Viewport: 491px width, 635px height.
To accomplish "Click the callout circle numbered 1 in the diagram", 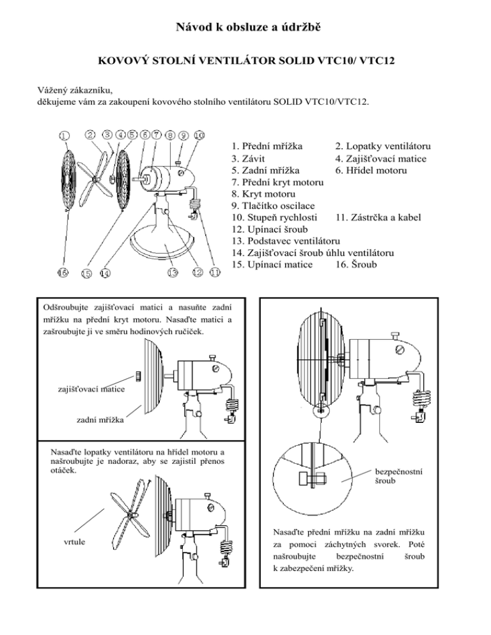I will [x=64, y=135].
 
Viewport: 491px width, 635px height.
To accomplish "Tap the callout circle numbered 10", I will [x=199, y=135].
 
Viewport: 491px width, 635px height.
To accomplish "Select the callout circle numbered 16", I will [x=64, y=273].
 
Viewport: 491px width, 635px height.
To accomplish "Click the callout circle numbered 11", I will [x=214, y=273].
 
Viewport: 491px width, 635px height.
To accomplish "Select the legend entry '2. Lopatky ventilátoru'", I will [x=382, y=146].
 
